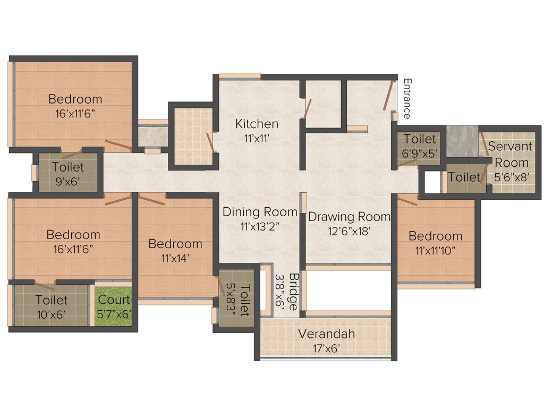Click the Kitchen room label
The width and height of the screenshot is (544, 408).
[257, 124]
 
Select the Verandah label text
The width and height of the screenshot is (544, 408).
[326, 334]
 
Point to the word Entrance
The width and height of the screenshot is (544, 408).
[407, 99]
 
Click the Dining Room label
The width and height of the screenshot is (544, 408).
[260, 212]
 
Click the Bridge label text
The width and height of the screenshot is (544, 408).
[292, 293]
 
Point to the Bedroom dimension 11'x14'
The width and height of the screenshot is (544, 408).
[175, 258]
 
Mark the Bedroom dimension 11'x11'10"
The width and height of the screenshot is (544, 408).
[435, 250]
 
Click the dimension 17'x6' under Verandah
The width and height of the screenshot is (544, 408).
[326, 348]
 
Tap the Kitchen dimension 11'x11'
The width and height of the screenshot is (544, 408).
[257, 138]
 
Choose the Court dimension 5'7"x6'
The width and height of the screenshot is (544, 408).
[114, 314]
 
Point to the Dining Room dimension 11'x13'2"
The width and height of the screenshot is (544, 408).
[260, 226]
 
